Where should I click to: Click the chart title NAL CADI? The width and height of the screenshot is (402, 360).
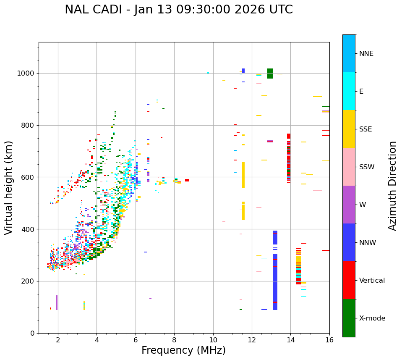[178, 10]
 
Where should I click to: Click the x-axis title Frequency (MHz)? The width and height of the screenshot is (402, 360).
[183, 350]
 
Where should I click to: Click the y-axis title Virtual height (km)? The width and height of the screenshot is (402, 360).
[9, 188]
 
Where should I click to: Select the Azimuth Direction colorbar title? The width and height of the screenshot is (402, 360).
[392, 186]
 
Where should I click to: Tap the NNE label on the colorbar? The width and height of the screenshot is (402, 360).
[366, 54]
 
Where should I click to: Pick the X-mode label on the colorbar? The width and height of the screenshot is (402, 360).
[372, 318]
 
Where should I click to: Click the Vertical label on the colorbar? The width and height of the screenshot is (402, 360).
[372, 281]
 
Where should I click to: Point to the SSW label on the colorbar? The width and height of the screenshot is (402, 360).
[367, 167]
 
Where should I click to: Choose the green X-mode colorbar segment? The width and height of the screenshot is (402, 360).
[349, 318]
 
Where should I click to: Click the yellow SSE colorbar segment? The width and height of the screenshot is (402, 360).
[349, 129]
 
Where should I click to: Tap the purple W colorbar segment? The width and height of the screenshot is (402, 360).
[349, 205]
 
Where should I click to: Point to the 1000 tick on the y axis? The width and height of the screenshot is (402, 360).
[27, 74]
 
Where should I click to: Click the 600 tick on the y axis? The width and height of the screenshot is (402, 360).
[29, 177]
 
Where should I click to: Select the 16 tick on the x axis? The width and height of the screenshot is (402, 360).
[329, 340]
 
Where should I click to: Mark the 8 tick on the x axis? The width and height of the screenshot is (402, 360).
[174, 340]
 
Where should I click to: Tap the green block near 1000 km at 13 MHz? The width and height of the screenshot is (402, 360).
[270, 74]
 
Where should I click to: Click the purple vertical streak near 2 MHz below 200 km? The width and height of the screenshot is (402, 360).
[57, 302]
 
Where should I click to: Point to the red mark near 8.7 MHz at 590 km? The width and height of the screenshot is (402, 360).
[187, 180]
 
